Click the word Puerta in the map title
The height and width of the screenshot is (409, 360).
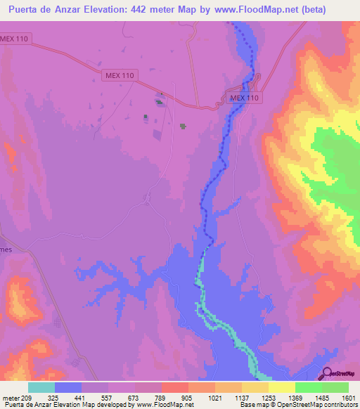(x=25, y=10)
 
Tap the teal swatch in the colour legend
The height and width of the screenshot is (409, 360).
(x=41, y=387)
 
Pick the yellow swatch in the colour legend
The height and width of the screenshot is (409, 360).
(x=282, y=387)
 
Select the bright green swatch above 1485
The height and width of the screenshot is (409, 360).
(x=309, y=387)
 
